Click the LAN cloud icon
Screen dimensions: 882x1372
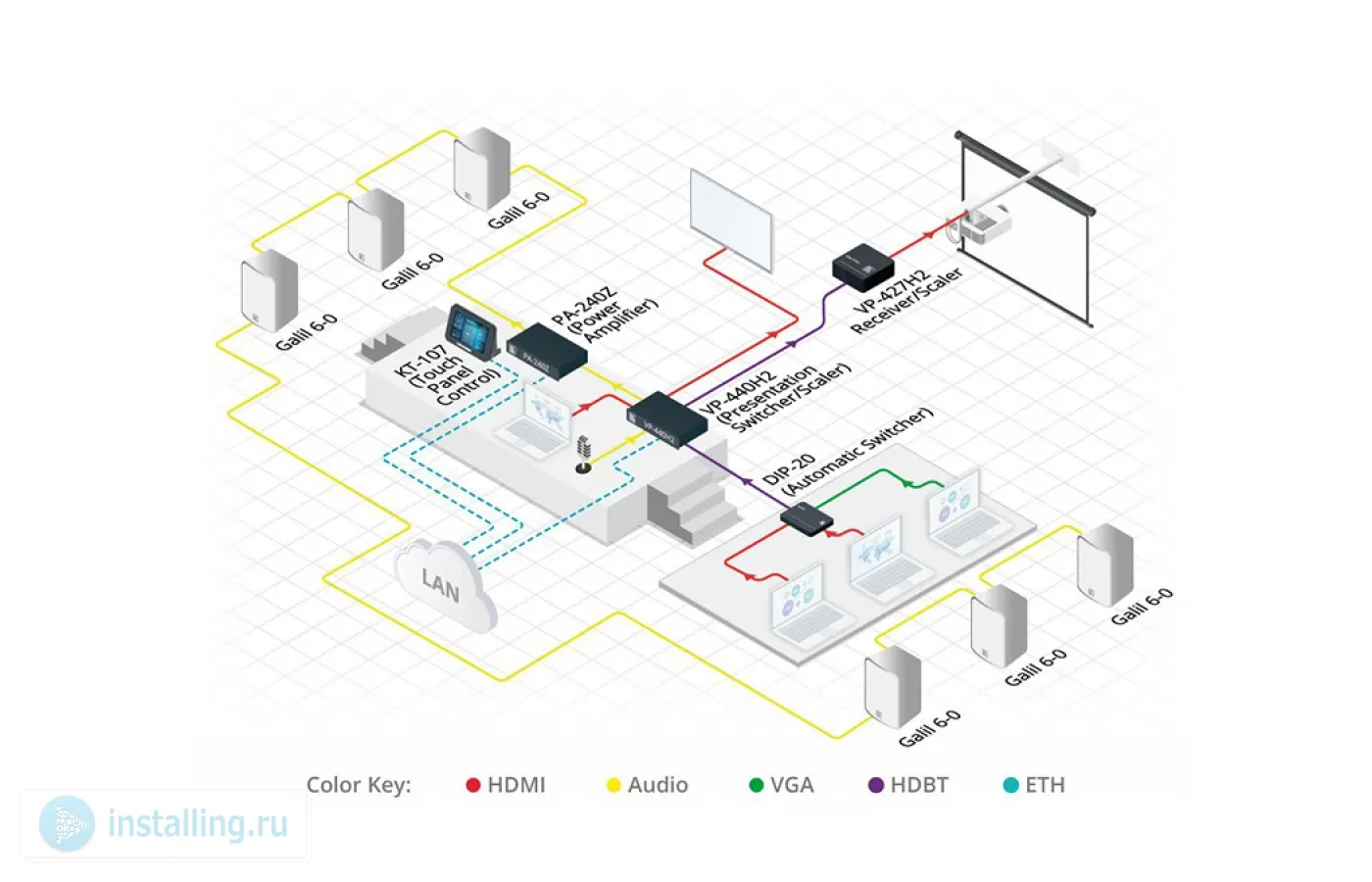tap(446, 586)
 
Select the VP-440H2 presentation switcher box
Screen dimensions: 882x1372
tap(666, 418)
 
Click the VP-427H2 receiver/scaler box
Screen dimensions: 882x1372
tap(862, 266)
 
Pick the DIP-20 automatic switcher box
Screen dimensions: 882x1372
tap(808, 518)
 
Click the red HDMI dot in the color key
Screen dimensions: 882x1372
tap(473, 785)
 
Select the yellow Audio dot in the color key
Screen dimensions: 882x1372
tap(613, 785)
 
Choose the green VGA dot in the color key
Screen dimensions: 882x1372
tap(756, 785)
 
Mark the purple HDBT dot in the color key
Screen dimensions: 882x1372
tap(876, 785)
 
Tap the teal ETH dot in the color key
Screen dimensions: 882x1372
tap(1011, 785)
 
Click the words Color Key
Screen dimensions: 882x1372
tap(359, 785)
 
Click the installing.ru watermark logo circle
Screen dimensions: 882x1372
tap(68, 824)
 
